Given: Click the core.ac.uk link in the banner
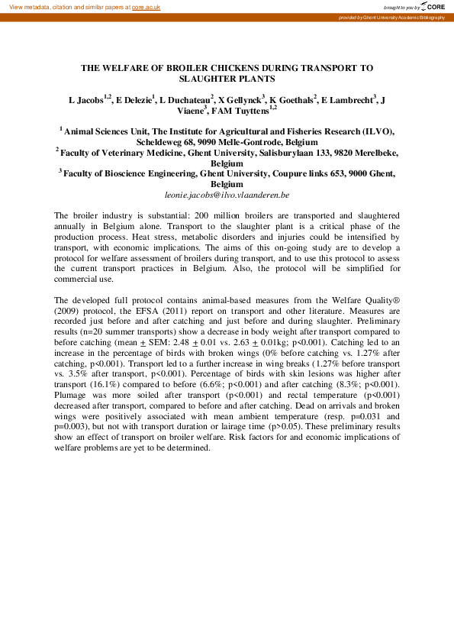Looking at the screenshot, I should click(147, 6).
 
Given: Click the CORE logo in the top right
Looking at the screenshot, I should click(433, 6).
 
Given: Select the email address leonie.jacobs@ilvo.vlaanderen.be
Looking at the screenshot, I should click(227, 195).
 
